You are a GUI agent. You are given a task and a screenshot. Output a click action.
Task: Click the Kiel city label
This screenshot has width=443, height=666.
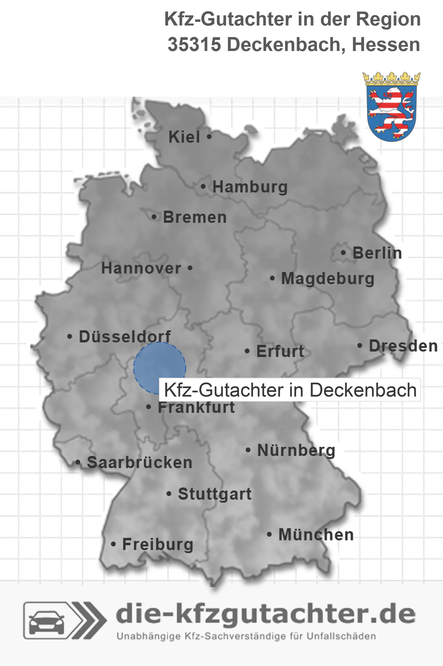pyautogui.click(x=184, y=137)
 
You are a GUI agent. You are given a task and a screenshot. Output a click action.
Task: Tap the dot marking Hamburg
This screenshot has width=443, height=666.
pyautogui.click(x=203, y=187)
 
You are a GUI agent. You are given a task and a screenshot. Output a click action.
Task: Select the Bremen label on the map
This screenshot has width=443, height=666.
pyautogui.click(x=195, y=217)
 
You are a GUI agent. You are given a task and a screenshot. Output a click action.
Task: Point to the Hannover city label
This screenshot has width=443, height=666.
pyautogui.click(x=141, y=268)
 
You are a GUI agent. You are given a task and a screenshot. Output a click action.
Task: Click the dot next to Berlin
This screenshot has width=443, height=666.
pyautogui.click(x=343, y=253)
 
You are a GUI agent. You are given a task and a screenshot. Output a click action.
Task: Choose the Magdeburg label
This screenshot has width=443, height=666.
pyautogui.click(x=328, y=279)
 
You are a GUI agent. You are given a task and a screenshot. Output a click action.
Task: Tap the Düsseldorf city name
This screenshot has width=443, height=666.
pyautogui.click(x=125, y=337)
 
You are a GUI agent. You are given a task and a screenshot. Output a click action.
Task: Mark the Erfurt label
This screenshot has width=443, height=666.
pyautogui.click(x=280, y=352)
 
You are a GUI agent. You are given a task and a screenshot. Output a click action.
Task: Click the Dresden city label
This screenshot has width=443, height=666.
pyautogui.click(x=403, y=346)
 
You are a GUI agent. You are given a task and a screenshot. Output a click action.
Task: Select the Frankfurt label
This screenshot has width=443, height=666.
pyautogui.click(x=196, y=407)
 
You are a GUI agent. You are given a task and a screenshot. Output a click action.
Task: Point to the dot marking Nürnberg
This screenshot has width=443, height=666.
pyautogui.click(x=248, y=450)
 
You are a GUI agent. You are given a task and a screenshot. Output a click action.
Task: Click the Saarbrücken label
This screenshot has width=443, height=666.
pyautogui.click(x=140, y=463)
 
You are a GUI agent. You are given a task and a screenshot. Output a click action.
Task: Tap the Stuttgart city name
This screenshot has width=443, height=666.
pyautogui.click(x=215, y=494)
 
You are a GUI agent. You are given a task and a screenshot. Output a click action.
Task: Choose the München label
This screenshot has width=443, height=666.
pyautogui.click(x=316, y=535)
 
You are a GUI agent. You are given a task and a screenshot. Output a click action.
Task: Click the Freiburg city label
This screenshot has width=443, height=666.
pyautogui.click(x=158, y=545)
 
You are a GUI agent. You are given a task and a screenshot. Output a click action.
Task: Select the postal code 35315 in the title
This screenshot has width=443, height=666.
pyautogui.click(x=194, y=45)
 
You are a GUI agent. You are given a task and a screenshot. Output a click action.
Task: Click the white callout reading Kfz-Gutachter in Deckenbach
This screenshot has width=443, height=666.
pyautogui.click(x=290, y=390)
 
